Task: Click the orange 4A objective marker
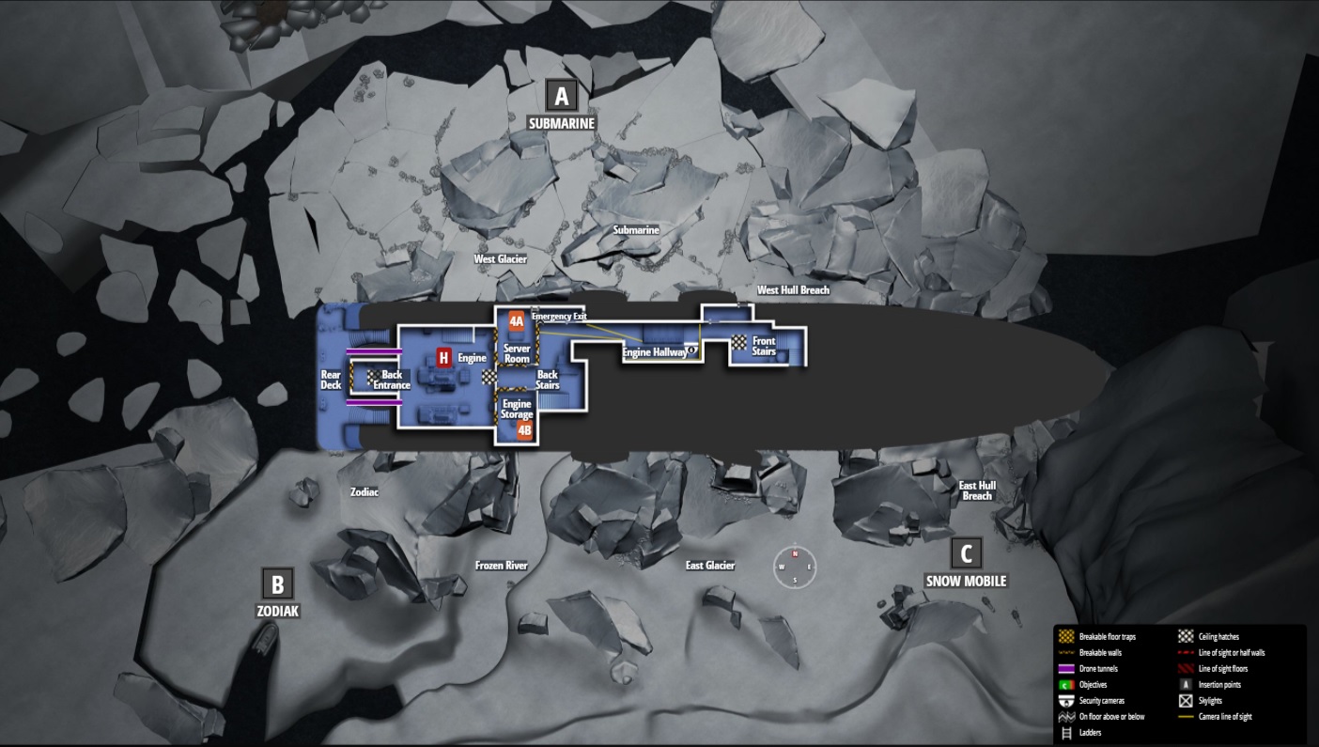(516, 321)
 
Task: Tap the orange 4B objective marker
(524, 430)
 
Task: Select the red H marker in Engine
(443, 357)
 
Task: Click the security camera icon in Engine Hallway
(692, 350)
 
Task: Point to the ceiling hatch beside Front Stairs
(740, 343)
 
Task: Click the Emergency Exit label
(559, 317)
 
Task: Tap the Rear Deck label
(331, 380)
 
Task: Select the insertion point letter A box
(561, 96)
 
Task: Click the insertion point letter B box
(277, 584)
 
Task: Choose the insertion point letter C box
(966, 553)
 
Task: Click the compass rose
(795, 567)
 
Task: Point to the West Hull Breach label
(793, 290)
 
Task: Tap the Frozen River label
(501, 566)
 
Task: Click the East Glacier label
(709, 566)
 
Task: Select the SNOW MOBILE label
(965, 581)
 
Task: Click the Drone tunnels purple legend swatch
(1065, 669)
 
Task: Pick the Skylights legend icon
(1186, 701)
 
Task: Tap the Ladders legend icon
(1065, 733)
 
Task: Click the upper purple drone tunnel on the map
(374, 350)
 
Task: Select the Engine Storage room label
(517, 410)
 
